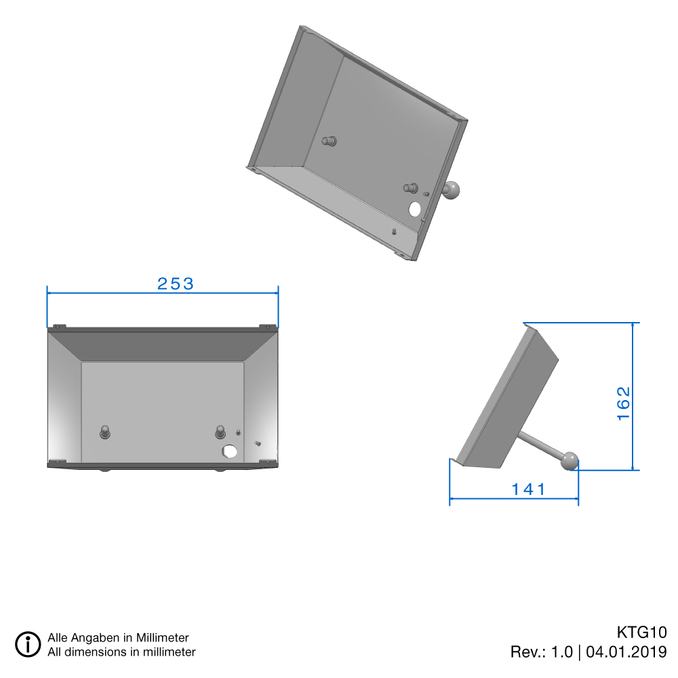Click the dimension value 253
(176, 284)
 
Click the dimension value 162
(624, 403)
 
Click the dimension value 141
(530, 490)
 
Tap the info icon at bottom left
(28, 643)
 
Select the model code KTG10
(641, 633)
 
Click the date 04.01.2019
(626, 652)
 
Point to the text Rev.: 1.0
(541, 652)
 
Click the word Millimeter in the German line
(163, 638)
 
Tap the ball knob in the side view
(570, 462)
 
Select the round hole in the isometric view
(414, 209)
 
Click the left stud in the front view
(105, 432)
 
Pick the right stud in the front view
(220, 431)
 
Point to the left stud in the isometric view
(330, 142)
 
